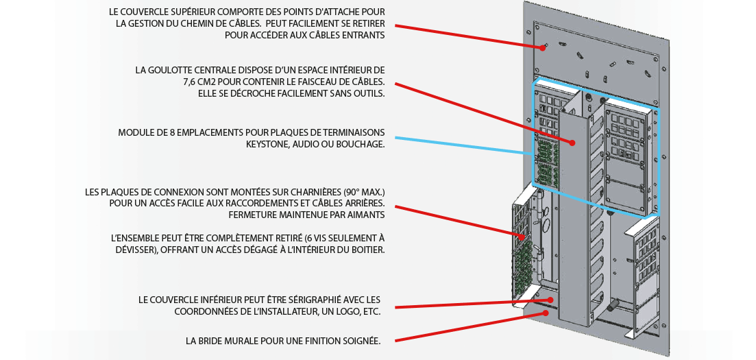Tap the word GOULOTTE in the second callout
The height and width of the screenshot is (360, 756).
173,70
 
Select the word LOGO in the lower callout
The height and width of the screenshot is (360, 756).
337,311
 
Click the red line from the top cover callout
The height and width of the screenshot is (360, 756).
466,36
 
